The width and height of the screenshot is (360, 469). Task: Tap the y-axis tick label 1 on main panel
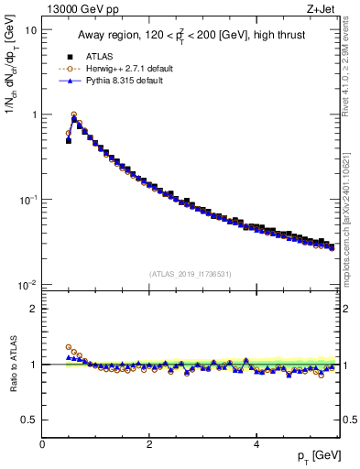[x=33, y=115]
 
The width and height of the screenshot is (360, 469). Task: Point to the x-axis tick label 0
[x=42, y=444]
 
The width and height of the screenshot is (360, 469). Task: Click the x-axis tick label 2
[x=148, y=444]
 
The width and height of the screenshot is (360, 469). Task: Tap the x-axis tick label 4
[x=256, y=444]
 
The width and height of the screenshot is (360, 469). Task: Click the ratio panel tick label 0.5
[x=29, y=420]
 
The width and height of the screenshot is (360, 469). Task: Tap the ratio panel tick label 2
[x=33, y=309]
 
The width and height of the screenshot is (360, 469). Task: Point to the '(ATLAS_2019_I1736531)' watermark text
[x=190, y=273]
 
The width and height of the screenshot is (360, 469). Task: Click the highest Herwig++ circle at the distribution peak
[x=74, y=115]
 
